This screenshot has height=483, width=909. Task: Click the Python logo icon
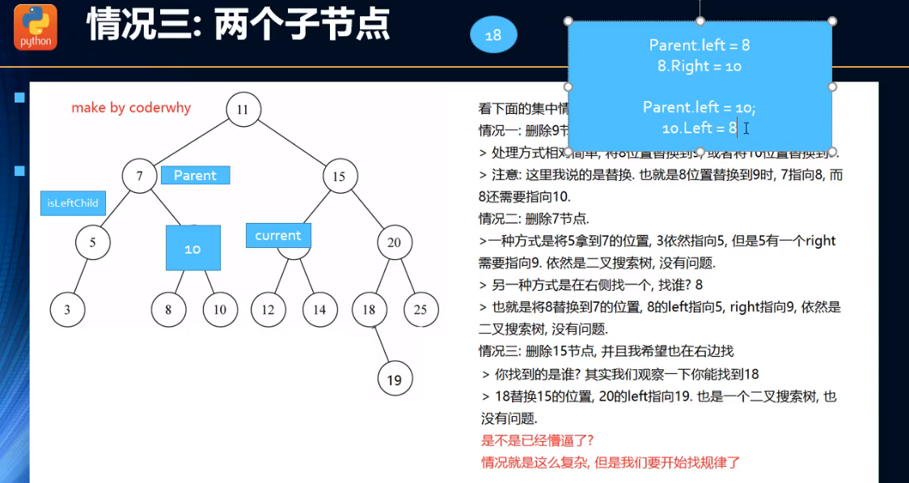[36, 27]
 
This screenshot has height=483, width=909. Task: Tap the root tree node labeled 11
[243, 110]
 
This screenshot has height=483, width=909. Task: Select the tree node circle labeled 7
[139, 175]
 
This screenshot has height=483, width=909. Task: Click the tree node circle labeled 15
[339, 175]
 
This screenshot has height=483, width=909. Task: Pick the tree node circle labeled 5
[93, 242]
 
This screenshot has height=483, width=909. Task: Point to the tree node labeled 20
[394, 242]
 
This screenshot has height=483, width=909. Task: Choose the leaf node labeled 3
[66, 309]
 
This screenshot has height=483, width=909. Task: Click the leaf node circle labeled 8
[168, 309]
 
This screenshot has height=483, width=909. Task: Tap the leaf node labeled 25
[421, 309]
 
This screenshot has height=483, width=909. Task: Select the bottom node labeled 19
[395, 378]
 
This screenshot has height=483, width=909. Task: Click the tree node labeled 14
[319, 309]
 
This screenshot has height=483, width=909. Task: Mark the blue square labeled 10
[192, 248]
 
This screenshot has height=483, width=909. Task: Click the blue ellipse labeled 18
[493, 36]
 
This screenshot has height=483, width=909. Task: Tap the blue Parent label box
[195, 174]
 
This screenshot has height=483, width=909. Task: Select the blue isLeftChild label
[73, 204]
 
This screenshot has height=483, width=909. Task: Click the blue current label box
[278, 235]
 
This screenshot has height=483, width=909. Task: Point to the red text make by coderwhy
[131, 107]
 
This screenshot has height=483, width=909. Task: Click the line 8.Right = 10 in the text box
[700, 66]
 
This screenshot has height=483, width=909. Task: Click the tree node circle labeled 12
[268, 309]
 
